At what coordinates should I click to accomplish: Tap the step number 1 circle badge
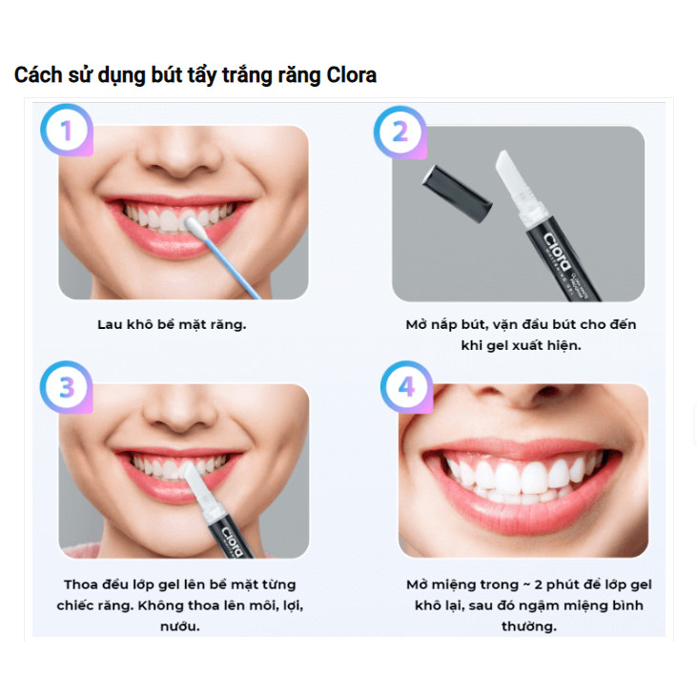(66, 131)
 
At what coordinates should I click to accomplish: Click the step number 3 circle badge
(66, 388)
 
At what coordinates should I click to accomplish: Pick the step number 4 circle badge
(406, 388)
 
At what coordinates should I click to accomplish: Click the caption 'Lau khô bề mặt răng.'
(172, 324)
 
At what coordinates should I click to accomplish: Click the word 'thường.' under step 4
(528, 626)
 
